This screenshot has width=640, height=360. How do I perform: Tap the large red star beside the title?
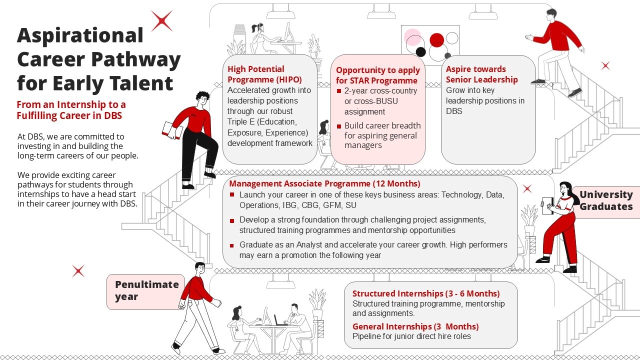161,20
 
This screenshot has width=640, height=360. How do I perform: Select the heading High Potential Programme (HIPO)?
264,74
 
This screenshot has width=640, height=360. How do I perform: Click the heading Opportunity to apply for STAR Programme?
377,75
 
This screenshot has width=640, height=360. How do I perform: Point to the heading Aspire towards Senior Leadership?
481,74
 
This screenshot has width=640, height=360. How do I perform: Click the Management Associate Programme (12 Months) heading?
324,183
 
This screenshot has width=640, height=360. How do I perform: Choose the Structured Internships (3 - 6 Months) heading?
426,293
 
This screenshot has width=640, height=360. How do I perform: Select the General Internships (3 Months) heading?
415,326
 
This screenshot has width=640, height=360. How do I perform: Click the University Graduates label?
606,200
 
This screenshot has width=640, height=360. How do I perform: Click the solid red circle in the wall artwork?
437,40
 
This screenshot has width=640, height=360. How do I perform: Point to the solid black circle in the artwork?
420,52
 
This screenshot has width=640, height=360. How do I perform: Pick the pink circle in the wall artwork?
412,37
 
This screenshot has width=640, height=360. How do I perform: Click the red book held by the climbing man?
172,130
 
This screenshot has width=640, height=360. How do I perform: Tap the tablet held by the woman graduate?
547,205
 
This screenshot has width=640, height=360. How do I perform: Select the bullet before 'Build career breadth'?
339,126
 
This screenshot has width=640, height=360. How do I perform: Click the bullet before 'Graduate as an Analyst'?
231,245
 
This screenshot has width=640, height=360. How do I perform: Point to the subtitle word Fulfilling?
37,115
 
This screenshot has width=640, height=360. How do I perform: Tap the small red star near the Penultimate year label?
78,271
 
